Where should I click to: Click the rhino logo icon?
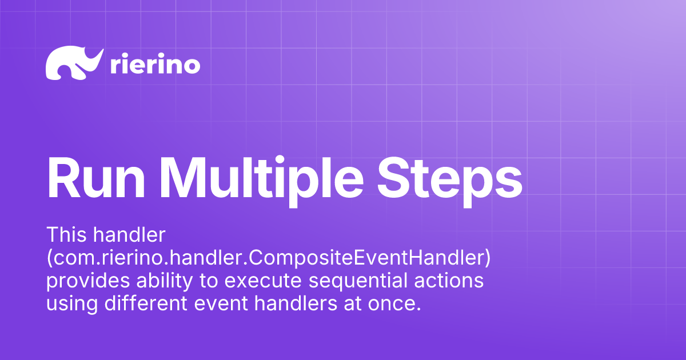pos(74,63)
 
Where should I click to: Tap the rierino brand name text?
pos(154,65)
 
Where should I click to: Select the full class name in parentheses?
pos(268,258)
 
